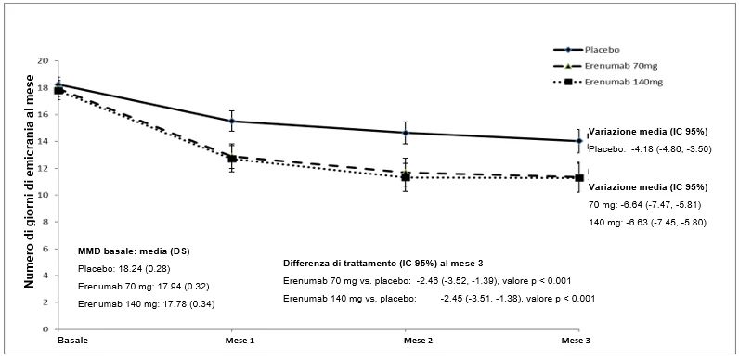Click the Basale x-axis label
pyautogui.click(x=68, y=341)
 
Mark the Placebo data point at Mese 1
pyautogui.click(x=232, y=122)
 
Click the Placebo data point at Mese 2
pyautogui.click(x=406, y=133)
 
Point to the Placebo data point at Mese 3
pyautogui.click(x=579, y=141)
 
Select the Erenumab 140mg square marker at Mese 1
pyautogui.click(x=232, y=159)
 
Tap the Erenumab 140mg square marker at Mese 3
pyautogui.click(x=579, y=177)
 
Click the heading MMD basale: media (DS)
pyautogui.click(x=134, y=251)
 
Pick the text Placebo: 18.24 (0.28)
pyautogui.click(x=123, y=269)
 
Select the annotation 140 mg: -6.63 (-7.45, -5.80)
pyautogui.click(x=647, y=223)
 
